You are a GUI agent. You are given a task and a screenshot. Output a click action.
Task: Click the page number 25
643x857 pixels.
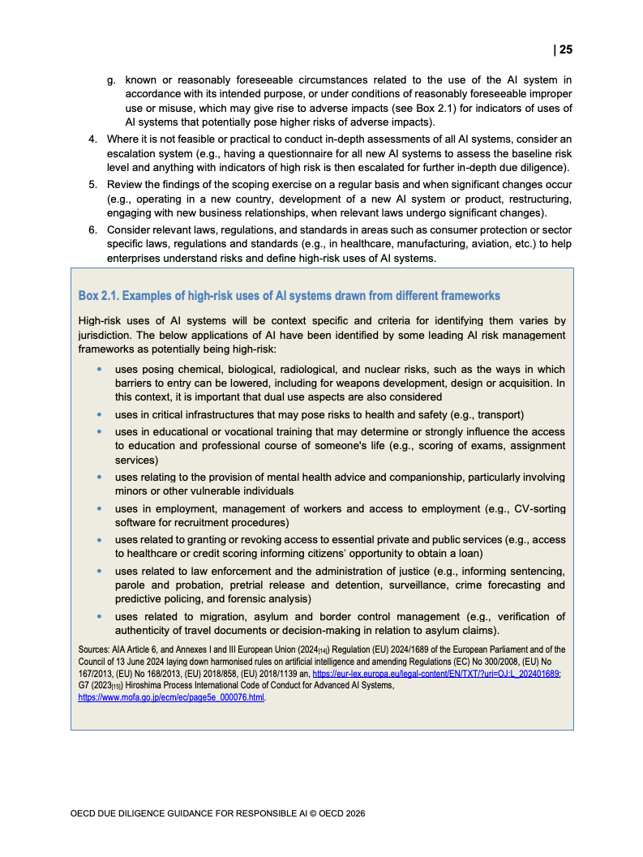565,50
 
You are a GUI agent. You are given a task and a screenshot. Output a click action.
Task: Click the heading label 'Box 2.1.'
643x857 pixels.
98,295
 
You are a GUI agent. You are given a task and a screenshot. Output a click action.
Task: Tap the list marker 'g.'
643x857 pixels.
112,79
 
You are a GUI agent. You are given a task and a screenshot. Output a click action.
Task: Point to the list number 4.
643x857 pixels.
92,139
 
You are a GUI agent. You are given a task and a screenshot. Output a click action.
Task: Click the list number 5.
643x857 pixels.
92,184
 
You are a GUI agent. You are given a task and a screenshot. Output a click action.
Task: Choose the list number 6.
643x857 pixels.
92,229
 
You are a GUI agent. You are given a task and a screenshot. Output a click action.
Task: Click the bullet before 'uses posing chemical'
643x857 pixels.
99,369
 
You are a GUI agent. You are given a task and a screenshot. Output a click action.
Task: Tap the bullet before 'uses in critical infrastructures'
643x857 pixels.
99,414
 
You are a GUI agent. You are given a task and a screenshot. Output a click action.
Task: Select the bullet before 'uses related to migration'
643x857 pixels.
99,616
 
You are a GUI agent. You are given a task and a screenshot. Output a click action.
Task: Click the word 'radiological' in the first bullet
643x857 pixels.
302,369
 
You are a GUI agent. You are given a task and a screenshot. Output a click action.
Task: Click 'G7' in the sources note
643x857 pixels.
84,685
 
